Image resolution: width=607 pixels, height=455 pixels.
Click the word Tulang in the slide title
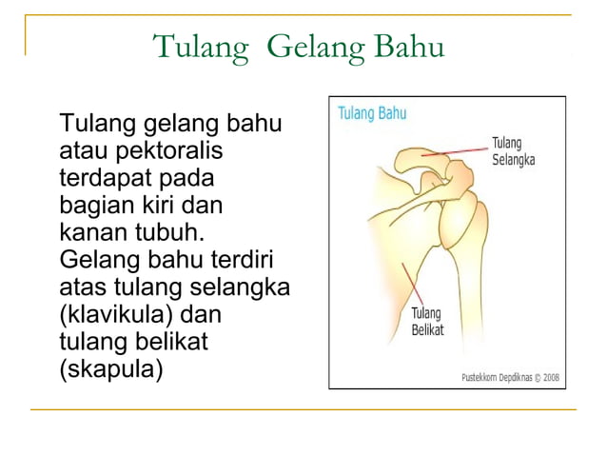(201, 47)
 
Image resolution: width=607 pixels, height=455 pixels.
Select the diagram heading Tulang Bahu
(372, 113)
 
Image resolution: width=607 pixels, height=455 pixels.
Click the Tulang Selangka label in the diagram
(513, 151)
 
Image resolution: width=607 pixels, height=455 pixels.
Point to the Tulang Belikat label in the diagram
(427, 322)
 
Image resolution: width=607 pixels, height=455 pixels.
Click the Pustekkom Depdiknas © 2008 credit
(511, 377)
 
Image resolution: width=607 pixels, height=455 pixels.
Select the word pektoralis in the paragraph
(167, 150)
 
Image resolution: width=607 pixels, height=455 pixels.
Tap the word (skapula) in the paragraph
(110, 368)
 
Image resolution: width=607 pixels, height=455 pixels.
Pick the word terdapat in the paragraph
(108, 177)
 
